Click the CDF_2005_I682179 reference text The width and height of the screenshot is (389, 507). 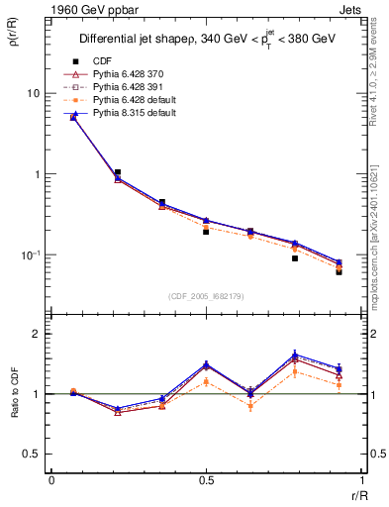[x=205, y=296]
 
